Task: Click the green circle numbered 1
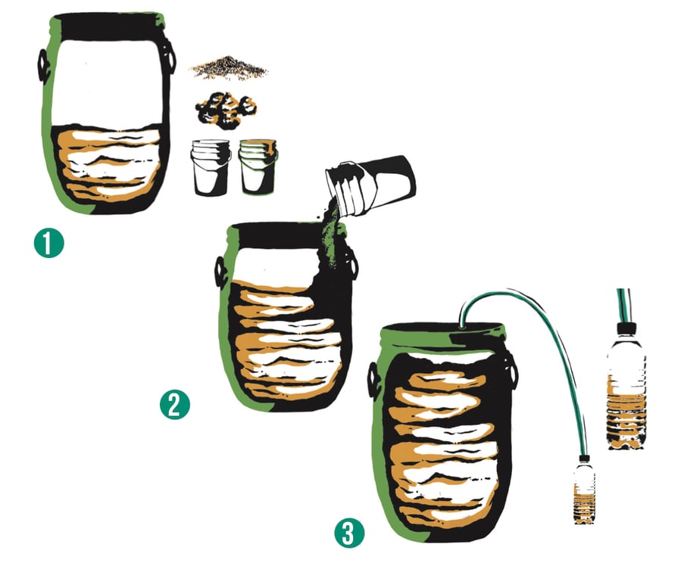(49, 243)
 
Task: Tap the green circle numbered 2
(175, 405)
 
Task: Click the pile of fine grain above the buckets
(229, 68)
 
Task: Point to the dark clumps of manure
(225, 110)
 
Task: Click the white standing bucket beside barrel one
(210, 167)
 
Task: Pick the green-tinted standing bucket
(258, 166)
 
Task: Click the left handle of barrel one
(43, 66)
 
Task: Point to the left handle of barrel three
(373, 379)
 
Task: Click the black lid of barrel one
(108, 26)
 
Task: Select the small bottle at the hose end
(584, 490)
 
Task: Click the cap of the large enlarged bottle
(626, 328)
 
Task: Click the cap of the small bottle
(585, 459)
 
